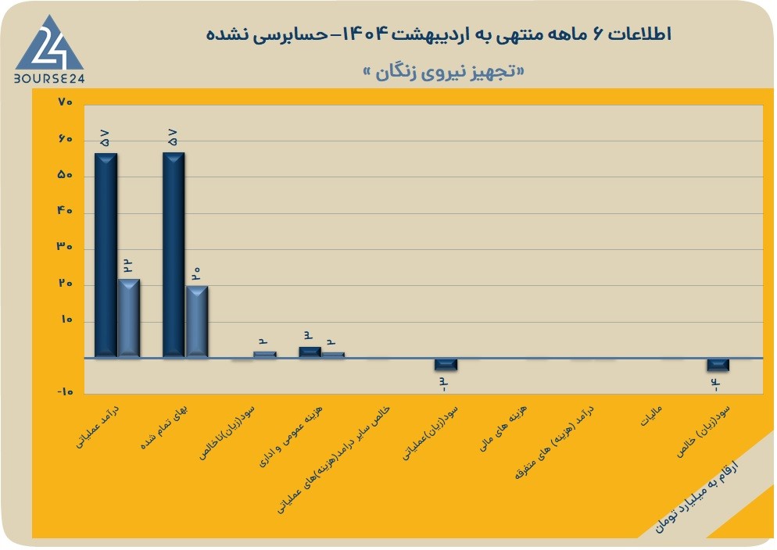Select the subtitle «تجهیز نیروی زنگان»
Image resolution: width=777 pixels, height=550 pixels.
click(444, 73)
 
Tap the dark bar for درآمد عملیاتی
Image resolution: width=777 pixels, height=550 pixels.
click(106, 255)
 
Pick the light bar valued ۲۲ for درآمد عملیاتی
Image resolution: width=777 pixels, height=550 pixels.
click(129, 318)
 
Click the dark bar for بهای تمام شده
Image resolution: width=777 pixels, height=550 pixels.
click(174, 255)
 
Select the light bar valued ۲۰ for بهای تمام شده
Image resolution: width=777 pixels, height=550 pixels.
click(197, 321)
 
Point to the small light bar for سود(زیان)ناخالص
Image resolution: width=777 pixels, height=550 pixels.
click(265, 355)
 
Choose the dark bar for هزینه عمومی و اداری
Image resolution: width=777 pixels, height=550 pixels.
click(310, 352)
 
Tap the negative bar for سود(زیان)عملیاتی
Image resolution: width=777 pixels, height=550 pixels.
click(446, 364)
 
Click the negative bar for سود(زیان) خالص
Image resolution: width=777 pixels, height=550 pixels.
click(718, 365)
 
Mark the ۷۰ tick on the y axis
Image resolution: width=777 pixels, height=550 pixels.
click(66, 102)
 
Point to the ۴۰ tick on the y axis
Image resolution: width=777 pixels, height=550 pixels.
click(65, 210)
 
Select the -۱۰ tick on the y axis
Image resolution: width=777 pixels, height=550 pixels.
click(65, 391)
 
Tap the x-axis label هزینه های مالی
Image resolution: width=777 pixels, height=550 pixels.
click(503, 429)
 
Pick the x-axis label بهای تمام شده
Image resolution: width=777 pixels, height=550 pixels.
click(164, 427)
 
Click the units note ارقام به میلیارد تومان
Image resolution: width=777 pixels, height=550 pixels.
click(696, 497)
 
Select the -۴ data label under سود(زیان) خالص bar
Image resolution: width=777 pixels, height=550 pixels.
click(716, 384)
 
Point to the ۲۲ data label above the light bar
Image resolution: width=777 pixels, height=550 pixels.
click(127, 266)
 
